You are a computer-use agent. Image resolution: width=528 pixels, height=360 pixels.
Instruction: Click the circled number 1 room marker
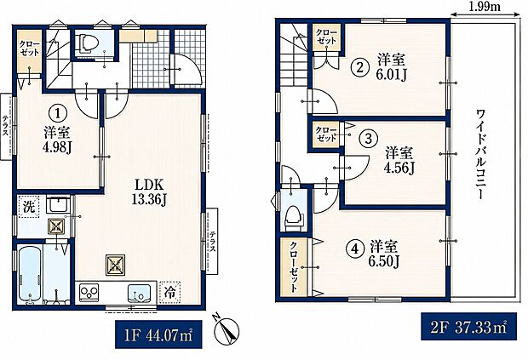click(x=58, y=113)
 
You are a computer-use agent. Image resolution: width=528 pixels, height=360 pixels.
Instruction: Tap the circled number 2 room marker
click(x=360, y=68)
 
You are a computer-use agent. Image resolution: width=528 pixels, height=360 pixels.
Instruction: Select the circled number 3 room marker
click(x=369, y=138)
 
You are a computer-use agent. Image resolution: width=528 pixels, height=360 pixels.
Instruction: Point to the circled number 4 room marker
click(x=354, y=249)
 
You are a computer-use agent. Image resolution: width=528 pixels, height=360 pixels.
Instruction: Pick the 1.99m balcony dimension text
click(x=485, y=7)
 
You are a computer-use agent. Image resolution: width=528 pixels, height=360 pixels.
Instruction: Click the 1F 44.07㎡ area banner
click(x=158, y=334)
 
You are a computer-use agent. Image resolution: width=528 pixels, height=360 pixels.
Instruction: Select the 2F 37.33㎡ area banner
click(x=468, y=327)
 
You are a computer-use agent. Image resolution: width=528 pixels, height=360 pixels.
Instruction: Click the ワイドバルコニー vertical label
click(x=479, y=154)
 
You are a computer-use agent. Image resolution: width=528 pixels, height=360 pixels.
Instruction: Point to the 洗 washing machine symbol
click(x=29, y=206)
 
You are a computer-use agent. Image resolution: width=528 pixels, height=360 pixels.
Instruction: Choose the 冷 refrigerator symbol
click(x=170, y=292)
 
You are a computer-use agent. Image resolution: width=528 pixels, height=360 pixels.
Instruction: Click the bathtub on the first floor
click(x=30, y=274)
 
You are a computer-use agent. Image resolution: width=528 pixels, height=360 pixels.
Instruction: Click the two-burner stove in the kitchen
click(x=89, y=291)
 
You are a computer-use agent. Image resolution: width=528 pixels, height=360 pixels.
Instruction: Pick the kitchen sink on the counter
click(x=139, y=293)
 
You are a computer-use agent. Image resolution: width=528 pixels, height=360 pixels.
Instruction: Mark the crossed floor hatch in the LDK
click(x=116, y=265)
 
